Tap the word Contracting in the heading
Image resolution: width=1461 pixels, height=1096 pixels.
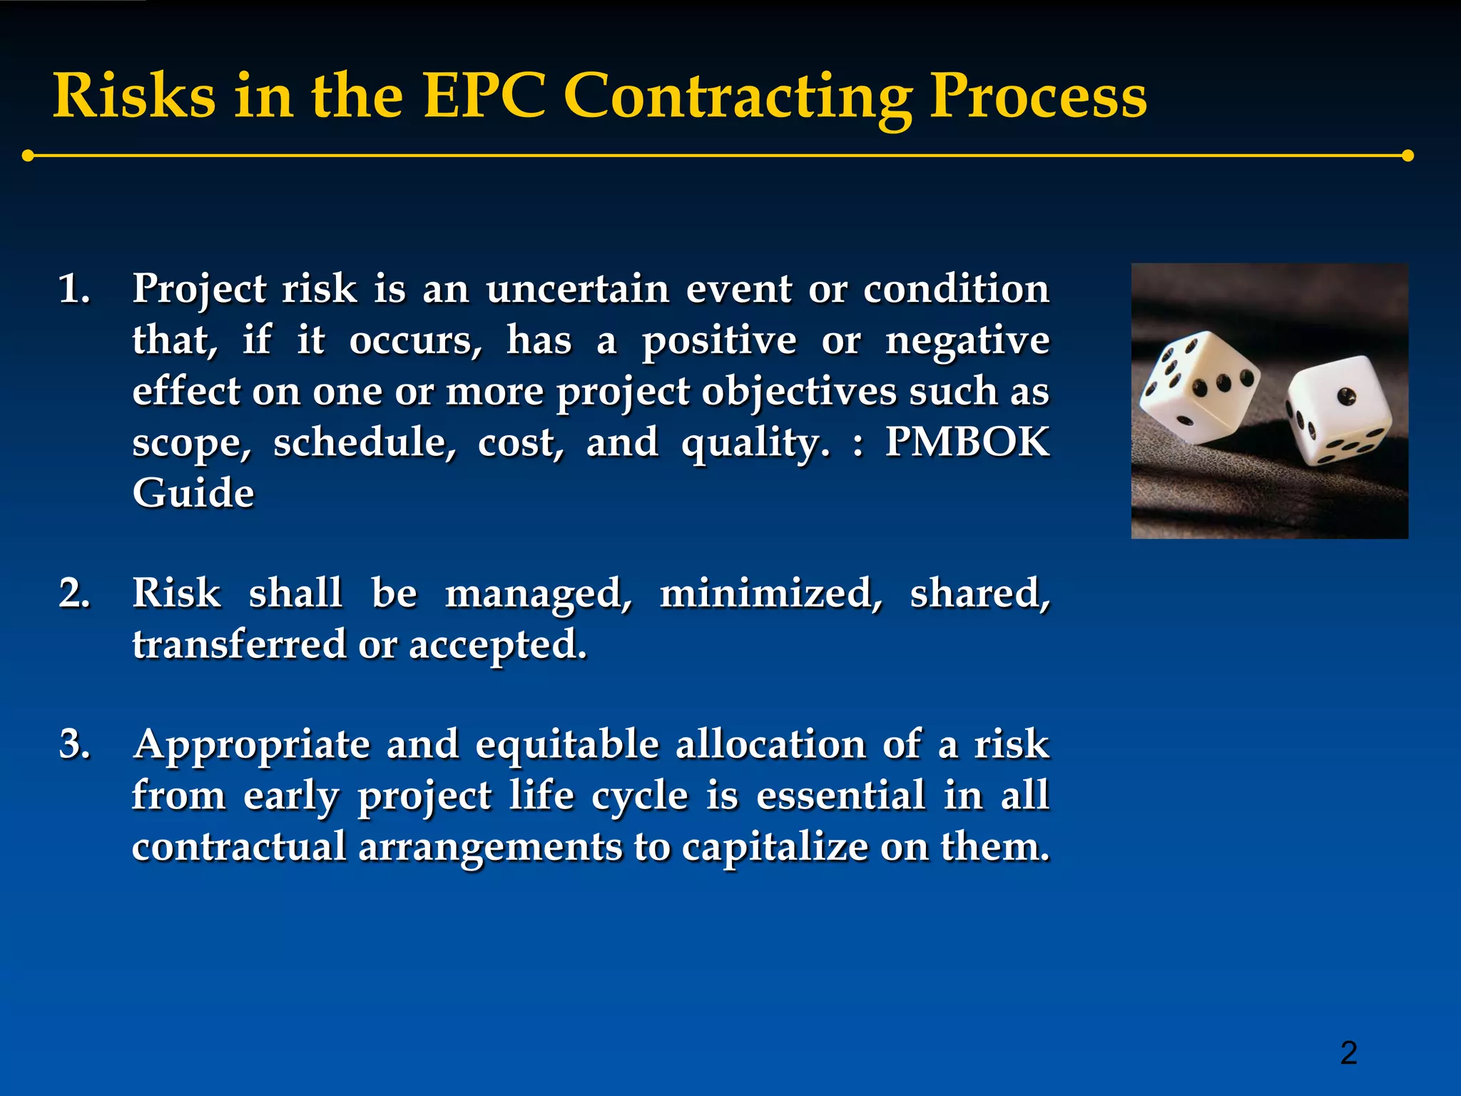coord(738,97)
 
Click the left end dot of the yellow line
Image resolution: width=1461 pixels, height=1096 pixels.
coord(28,156)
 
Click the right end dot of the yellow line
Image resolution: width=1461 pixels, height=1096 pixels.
coord(1407,156)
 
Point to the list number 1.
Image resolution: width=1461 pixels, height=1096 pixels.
coord(74,290)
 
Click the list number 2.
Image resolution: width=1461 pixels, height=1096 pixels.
coord(74,594)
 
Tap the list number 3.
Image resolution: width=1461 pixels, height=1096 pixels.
coord(74,745)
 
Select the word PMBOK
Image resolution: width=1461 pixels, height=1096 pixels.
coord(967,442)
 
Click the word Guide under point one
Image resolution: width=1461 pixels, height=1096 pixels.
coord(193,493)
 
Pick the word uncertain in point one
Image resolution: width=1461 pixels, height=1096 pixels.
coord(578,290)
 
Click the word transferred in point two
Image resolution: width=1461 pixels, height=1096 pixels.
coord(239,645)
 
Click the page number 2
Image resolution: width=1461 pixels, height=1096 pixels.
coord(1348,1053)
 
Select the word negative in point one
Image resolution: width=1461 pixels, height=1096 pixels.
coord(967,341)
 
